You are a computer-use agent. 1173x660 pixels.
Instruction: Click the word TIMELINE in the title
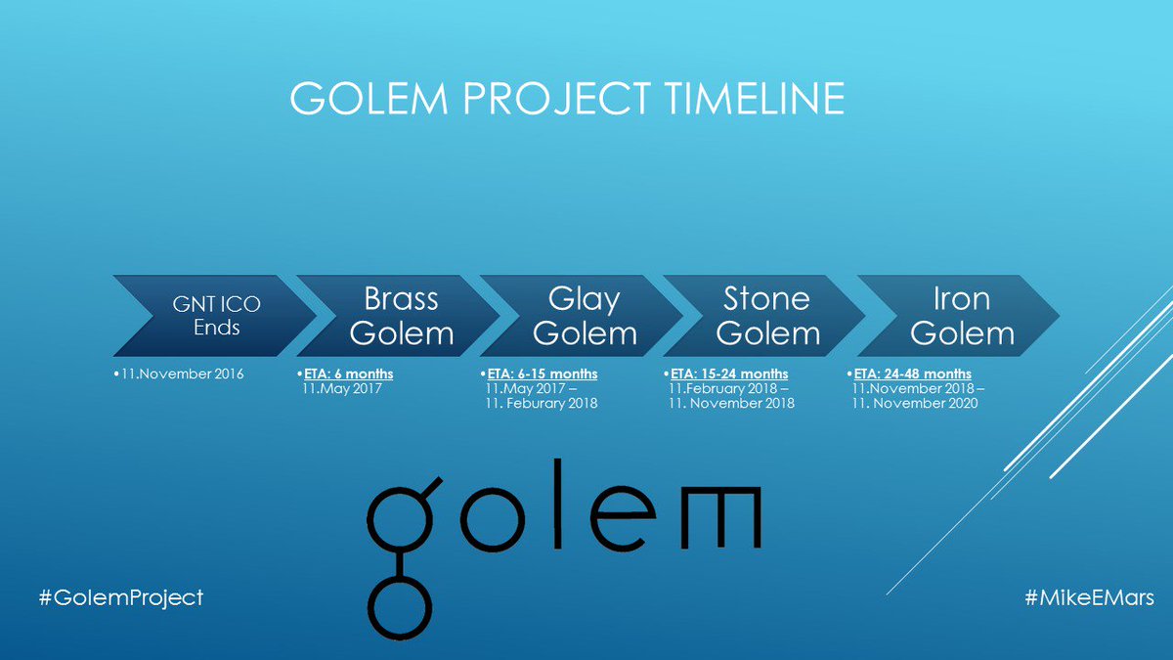(755, 98)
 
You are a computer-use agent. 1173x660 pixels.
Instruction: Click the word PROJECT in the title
(556, 98)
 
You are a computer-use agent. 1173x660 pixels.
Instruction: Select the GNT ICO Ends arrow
(215, 316)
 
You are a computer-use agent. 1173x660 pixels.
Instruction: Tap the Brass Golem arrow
(399, 316)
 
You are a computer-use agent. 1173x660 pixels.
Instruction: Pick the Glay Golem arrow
(583, 316)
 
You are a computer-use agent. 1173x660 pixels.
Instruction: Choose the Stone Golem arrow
(765, 316)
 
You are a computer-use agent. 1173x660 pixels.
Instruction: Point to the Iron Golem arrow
(959, 316)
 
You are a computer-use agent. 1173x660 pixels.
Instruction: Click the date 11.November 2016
(182, 374)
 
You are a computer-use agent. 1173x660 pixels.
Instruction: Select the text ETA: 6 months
(349, 374)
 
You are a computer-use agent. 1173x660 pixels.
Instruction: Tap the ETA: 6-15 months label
(543, 374)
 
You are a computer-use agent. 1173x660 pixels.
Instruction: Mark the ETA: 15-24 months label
(729, 374)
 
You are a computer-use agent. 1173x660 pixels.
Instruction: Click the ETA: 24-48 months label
(913, 374)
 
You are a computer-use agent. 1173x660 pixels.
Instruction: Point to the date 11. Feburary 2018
(542, 403)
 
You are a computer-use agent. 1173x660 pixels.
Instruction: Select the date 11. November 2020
(915, 403)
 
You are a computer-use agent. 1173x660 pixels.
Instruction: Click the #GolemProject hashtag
(121, 598)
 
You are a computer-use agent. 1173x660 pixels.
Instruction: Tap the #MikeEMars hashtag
(1089, 597)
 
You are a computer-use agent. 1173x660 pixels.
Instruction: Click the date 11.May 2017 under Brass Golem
(342, 389)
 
